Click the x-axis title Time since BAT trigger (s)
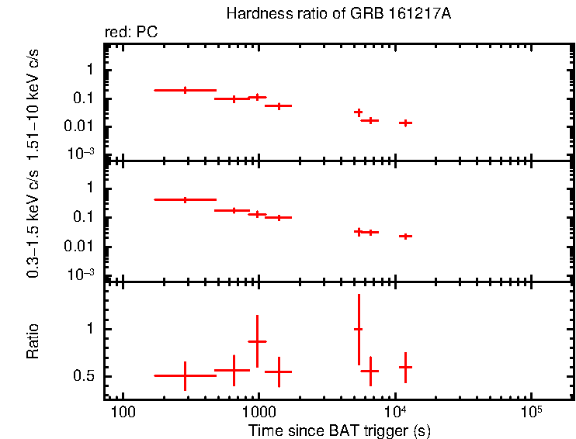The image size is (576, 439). point(339,430)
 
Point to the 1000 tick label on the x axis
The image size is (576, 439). point(258,410)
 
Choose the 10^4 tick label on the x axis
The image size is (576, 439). point(395,409)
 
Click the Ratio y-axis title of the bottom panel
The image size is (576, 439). point(33,341)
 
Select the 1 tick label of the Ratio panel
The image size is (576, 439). point(90,329)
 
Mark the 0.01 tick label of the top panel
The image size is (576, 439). point(79,126)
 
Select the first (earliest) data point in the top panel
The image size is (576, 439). point(185,90)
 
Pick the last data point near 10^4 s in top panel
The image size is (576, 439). point(404,123)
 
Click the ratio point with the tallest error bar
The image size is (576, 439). point(358,329)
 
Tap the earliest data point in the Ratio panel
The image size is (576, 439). point(185,375)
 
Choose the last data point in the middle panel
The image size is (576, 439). point(404,236)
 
